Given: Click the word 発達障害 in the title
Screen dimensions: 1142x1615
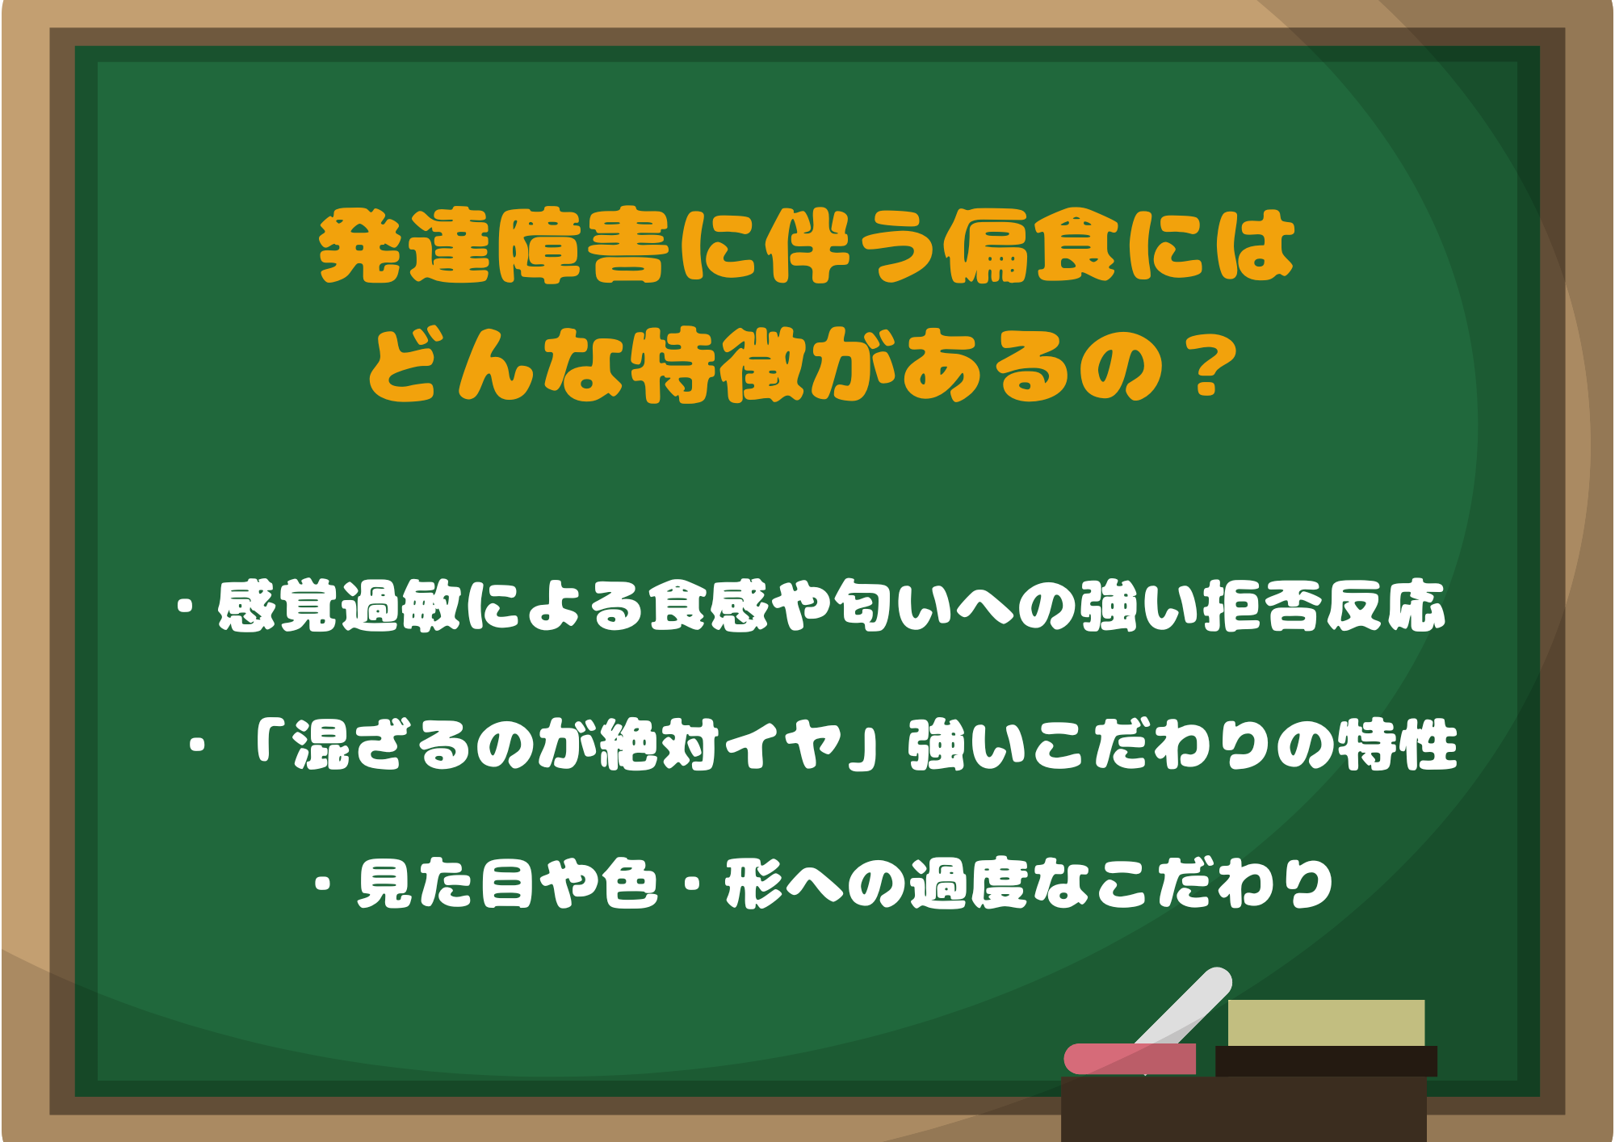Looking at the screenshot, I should (x=494, y=247).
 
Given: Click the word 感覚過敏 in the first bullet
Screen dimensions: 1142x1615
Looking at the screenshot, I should (x=338, y=606).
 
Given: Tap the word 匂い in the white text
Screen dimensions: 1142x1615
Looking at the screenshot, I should (x=892, y=606).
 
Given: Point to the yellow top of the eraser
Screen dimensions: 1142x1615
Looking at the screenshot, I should (x=1326, y=1022).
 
